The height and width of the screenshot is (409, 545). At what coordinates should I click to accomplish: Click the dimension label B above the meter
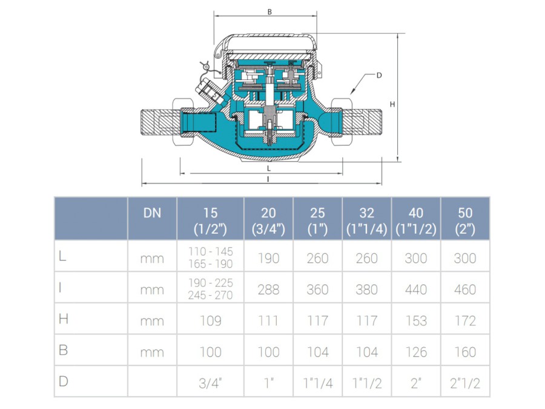pos(269,12)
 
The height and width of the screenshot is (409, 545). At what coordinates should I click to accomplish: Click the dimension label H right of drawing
pos(392,104)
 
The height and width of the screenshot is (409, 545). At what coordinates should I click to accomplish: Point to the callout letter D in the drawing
pos(379,75)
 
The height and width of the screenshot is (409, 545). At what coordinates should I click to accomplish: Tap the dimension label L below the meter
pos(269,168)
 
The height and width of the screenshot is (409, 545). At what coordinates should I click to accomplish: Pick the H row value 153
pos(416,321)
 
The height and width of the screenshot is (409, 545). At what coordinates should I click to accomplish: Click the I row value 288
pos(268,290)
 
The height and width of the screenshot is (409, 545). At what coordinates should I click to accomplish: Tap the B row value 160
pos(465,352)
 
